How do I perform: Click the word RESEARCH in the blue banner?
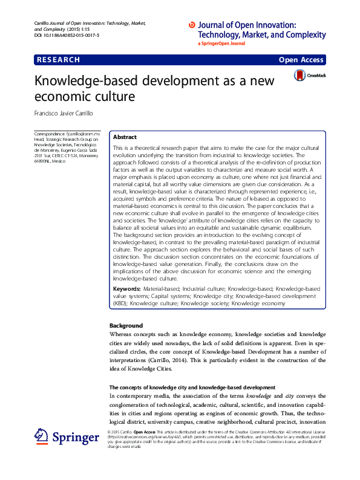58,60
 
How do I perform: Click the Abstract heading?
125,137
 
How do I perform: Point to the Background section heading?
126,326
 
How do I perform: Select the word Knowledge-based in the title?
82,80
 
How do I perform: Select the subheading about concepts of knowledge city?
192,386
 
